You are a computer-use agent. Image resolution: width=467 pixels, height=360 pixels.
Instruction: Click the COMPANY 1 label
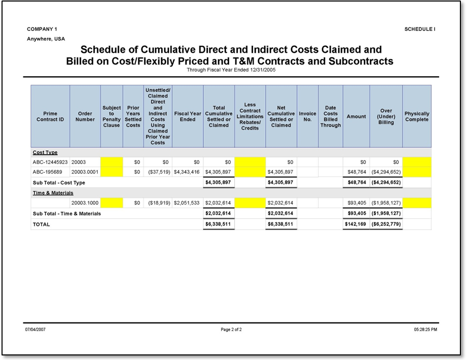[42, 29]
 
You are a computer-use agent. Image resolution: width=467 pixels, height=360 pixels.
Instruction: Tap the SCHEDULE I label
[420, 29]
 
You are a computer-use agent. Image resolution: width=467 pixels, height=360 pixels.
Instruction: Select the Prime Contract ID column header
[50, 116]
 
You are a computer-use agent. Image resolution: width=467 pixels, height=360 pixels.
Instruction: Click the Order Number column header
[85, 116]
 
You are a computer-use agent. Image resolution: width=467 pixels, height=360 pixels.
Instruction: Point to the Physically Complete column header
[417, 116]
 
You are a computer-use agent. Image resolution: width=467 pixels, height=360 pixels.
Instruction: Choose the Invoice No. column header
[307, 116]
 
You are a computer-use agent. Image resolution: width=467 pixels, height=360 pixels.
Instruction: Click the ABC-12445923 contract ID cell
[50, 162]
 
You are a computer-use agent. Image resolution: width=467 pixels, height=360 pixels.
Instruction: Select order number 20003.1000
[85, 203]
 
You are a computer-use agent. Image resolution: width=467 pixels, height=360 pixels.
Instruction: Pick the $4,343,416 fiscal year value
[188, 172]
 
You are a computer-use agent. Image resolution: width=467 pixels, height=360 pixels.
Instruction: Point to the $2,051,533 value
[188, 203]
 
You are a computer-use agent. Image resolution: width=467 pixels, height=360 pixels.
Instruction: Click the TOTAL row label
[42, 224]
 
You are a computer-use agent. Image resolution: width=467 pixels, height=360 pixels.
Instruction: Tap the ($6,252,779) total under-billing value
[386, 224]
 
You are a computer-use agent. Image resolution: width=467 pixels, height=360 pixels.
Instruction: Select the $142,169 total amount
[356, 224]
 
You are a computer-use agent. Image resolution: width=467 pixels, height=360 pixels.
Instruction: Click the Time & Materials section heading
[53, 193]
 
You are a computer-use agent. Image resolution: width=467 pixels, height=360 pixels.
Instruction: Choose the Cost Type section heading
[45, 152]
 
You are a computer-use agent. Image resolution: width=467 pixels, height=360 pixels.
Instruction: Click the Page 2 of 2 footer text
[231, 330]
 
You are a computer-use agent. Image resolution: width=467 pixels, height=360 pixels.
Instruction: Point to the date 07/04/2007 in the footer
[36, 330]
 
